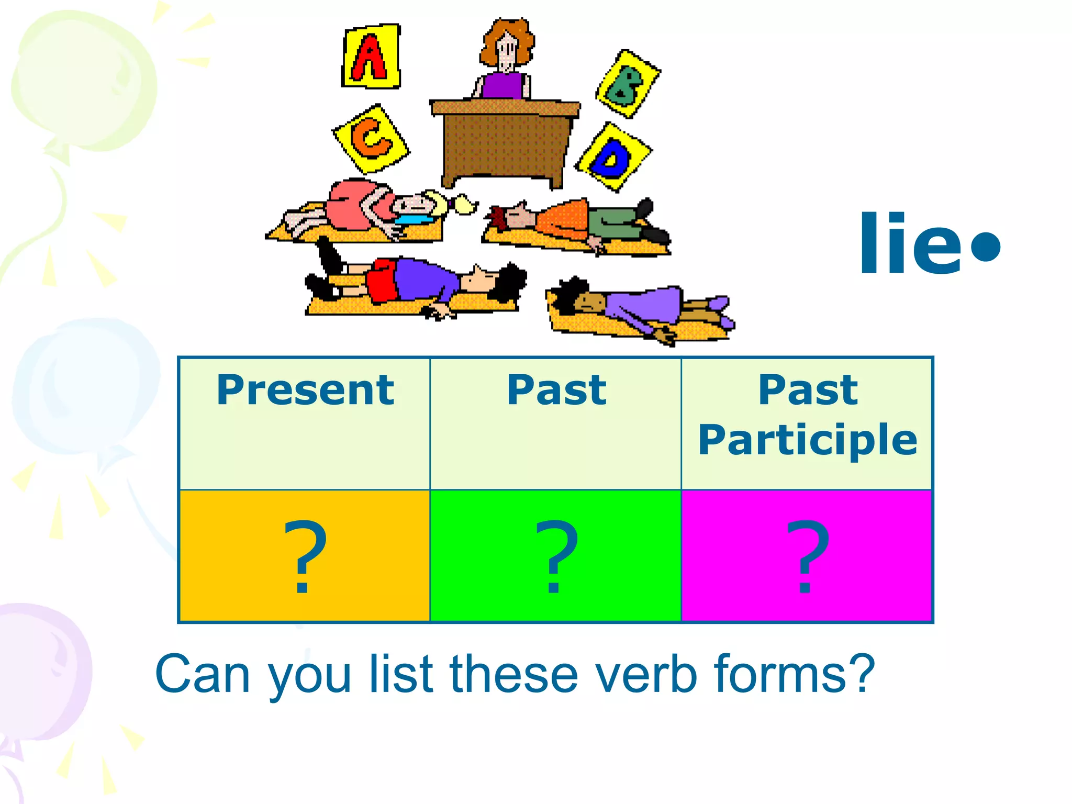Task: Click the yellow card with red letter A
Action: coord(371,57)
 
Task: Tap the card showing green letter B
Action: coord(627,84)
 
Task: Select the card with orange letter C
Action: coord(371,138)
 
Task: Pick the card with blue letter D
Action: coord(613,157)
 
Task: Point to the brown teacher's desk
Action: coord(504,141)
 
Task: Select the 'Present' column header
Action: coord(305,390)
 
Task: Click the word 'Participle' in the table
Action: coord(807,440)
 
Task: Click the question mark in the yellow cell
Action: coord(305,556)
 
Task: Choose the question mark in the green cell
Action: coord(556,556)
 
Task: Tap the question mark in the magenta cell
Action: coord(807,556)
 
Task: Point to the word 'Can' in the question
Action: coord(202,674)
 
